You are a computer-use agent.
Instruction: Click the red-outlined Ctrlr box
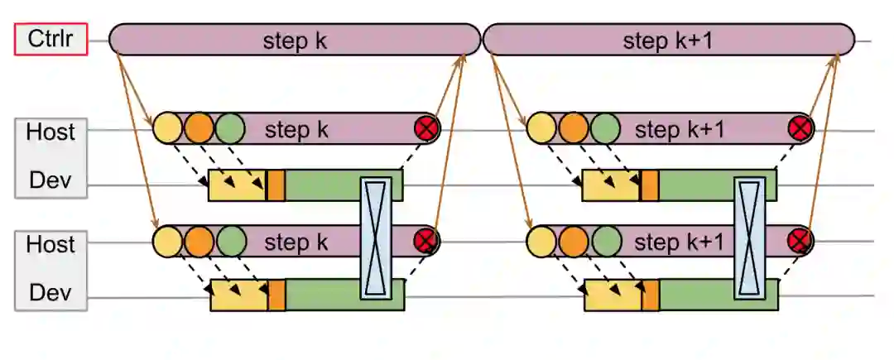pos(50,40)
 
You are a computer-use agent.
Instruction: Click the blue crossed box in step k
pos(374,237)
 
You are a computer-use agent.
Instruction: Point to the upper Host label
pos(50,132)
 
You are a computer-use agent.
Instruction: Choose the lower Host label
pos(50,245)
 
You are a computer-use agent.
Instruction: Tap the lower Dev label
pos(50,292)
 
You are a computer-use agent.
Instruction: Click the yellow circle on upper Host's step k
pos(167,128)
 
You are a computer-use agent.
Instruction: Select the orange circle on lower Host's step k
pos(199,242)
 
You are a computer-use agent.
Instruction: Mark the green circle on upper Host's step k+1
pos(605,128)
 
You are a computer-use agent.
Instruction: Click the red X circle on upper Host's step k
pos(427,128)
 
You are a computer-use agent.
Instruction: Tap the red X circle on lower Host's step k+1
pos(800,242)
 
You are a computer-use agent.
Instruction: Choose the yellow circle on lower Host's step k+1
pos(541,242)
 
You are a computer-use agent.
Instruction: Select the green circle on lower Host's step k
pos(230,242)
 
